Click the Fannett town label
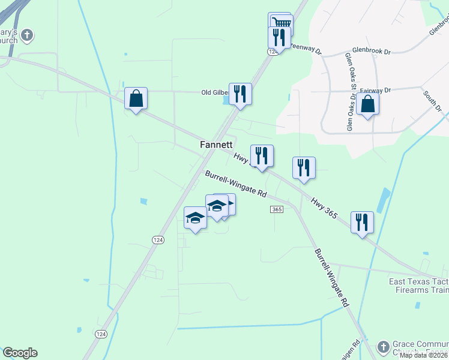tap(216, 145)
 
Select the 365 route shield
tap(277, 209)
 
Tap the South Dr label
tap(432, 101)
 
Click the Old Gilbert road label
tap(215, 92)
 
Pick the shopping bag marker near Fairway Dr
tap(367, 104)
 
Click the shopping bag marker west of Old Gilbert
tap(136, 98)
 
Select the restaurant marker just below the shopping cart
tap(279, 38)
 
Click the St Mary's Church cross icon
tap(26, 36)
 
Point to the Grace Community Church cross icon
tap(383, 347)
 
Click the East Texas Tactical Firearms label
tap(418, 286)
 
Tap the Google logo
tap(20, 353)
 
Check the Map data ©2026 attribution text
tap(424, 355)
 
